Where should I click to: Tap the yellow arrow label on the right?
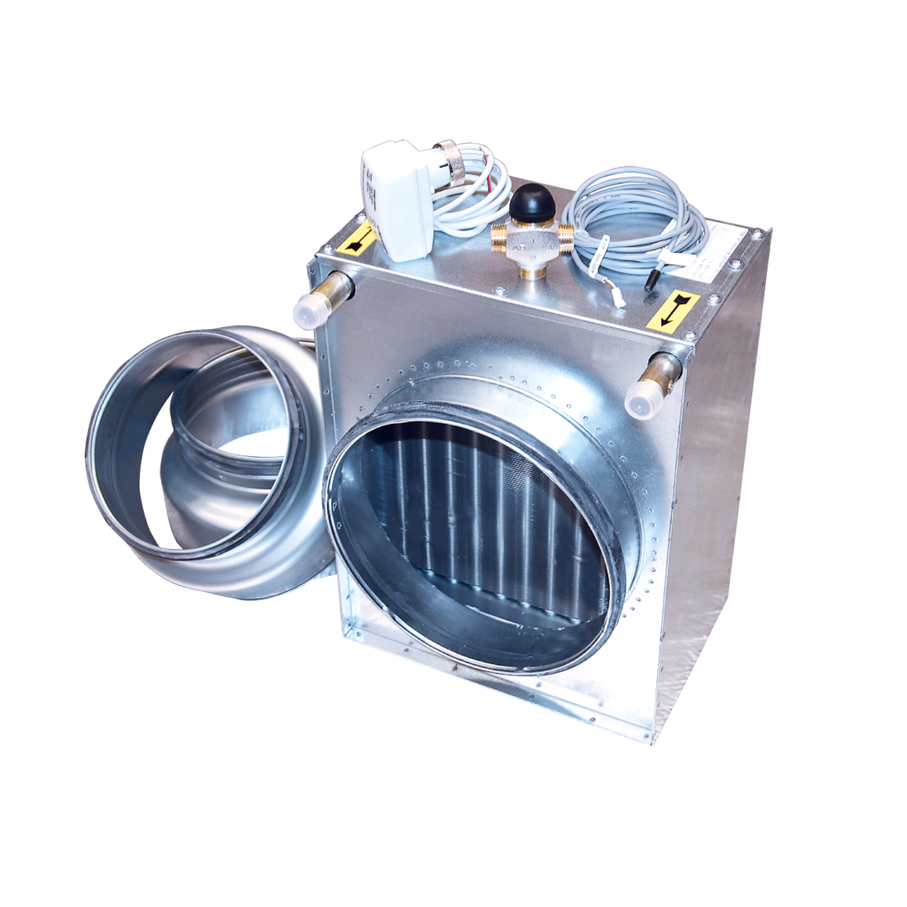click(x=672, y=312)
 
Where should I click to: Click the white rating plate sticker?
click(x=726, y=248)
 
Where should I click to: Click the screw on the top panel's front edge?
click(x=502, y=290)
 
